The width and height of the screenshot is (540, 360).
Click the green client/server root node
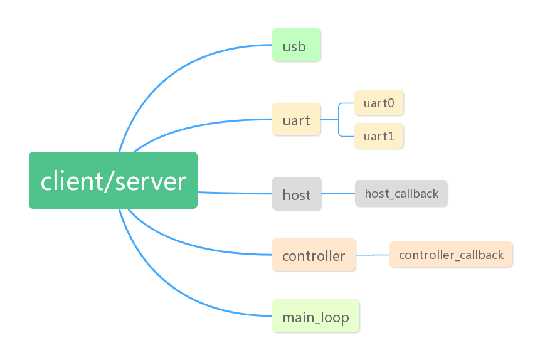pos(113,180)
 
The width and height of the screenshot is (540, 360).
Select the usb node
pos(296,45)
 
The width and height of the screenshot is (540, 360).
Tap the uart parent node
pos(296,119)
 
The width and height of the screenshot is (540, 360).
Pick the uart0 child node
pos(379,103)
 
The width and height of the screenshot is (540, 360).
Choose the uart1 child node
pos(379,136)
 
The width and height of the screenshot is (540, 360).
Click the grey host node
pos(296,194)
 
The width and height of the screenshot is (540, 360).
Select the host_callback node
pos(401,193)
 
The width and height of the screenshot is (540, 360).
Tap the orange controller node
pos(314,255)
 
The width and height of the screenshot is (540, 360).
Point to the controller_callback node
pos(451,255)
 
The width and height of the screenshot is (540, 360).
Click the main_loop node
pos(315,317)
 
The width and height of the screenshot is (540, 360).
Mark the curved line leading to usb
pos(163,70)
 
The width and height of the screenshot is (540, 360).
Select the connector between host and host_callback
pos(338,194)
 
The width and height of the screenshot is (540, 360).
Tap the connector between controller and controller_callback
pos(373,255)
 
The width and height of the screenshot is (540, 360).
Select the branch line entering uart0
pos(346,103)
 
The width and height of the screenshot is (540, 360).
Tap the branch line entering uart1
pos(346,135)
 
